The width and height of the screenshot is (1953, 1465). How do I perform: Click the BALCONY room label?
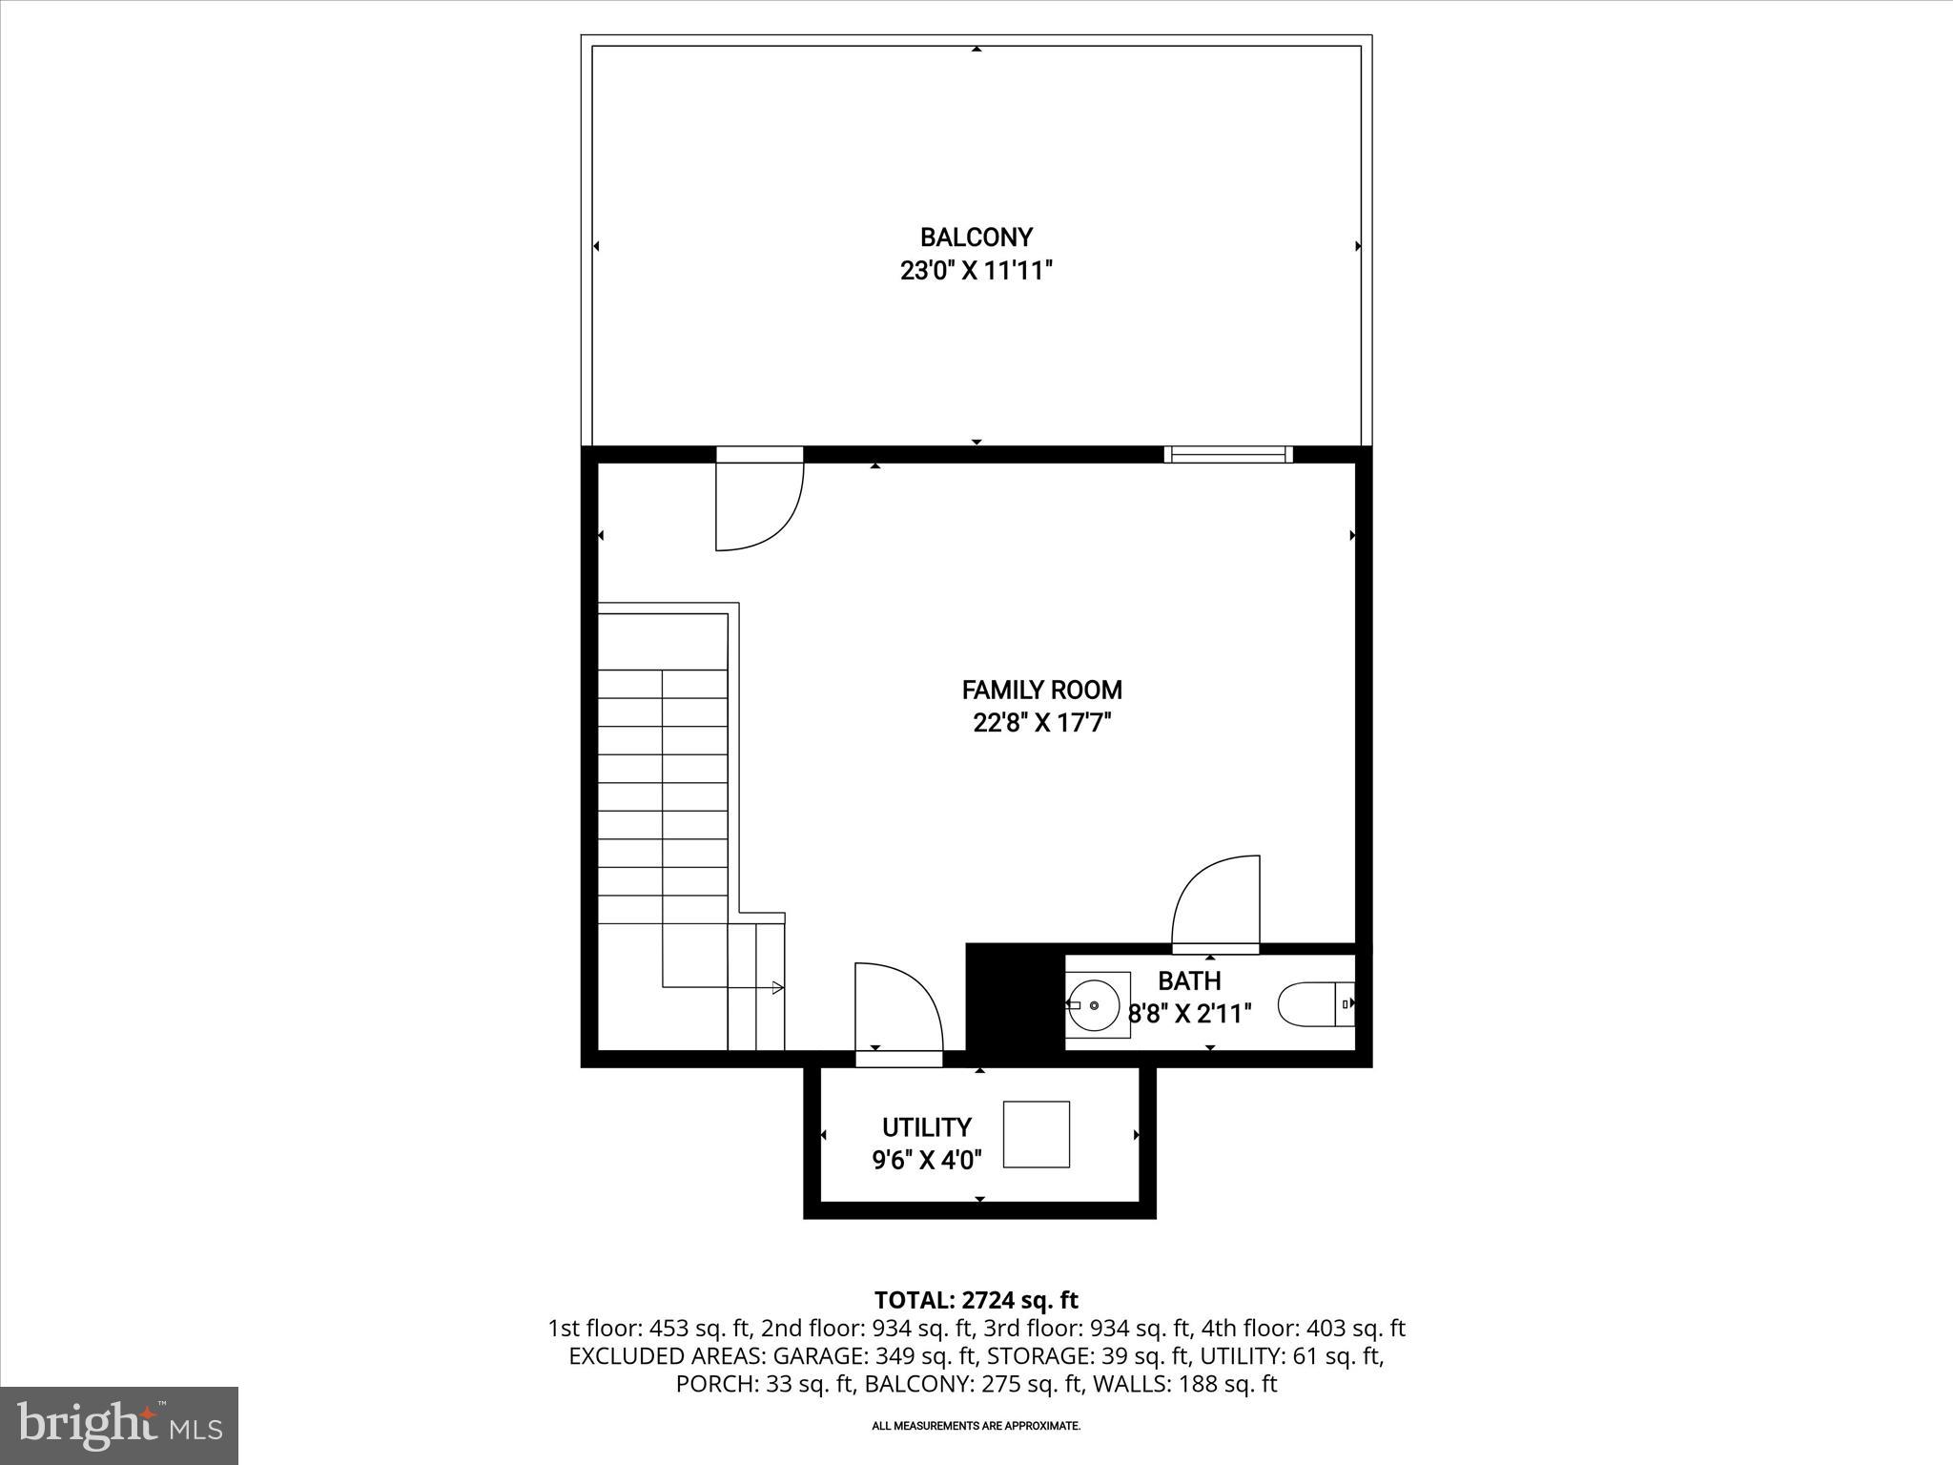[976, 237]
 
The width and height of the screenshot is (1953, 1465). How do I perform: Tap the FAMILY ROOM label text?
[1041, 690]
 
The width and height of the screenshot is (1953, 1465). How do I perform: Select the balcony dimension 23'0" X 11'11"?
[976, 271]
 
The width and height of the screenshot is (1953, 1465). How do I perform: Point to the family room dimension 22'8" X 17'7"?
[1041, 723]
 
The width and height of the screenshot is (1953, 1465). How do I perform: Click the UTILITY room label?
[926, 1127]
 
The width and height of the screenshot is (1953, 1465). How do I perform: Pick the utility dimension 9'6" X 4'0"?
[926, 1160]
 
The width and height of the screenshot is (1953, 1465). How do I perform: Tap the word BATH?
[1189, 980]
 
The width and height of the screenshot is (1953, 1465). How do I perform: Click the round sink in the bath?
[1094, 1005]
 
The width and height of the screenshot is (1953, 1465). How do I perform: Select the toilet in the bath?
[1314, 1004]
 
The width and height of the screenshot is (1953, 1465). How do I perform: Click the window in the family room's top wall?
[1228, 455]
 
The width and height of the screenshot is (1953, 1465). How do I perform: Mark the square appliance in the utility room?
[1037, 1134]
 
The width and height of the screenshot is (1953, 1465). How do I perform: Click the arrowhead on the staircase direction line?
[777, 988]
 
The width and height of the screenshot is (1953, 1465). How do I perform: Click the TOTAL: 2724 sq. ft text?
[976, 1300]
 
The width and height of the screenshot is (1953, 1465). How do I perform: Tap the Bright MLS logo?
[119, 1425]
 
